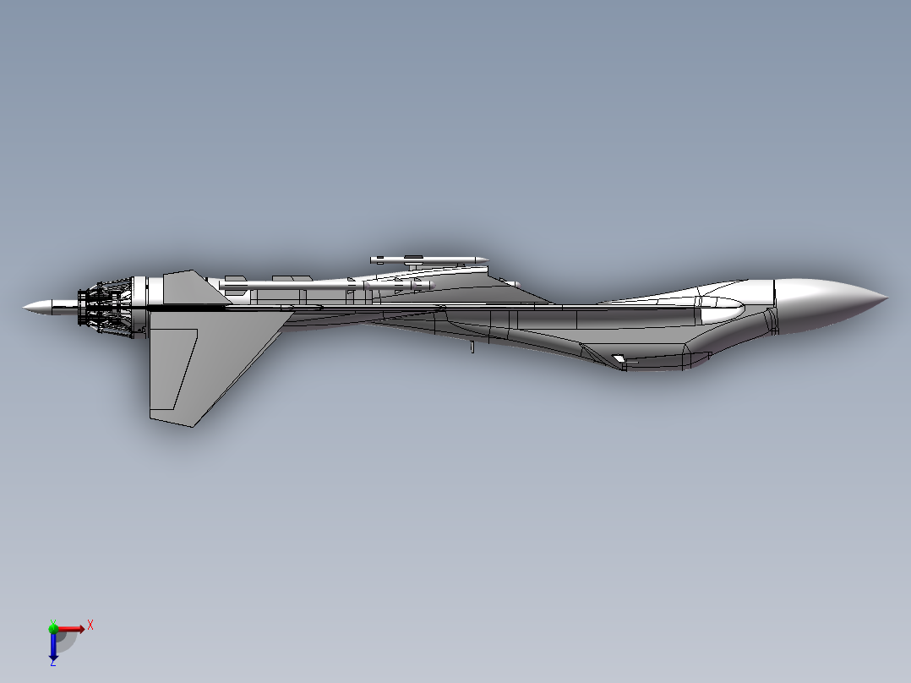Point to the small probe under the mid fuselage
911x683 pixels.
click(x=472, y=347)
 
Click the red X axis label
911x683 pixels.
click(x=90, y=625)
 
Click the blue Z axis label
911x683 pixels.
click(x=52, y=662)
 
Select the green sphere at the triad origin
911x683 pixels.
click(x=53, y=628)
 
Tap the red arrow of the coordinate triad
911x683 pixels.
click(x=73, y=628)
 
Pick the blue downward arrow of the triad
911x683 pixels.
click(x=53, y=647)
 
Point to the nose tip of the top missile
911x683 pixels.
click(x=486, y=259)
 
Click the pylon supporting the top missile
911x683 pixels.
click(x=413, y=265)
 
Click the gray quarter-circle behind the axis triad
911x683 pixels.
click(x=68, y=641)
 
